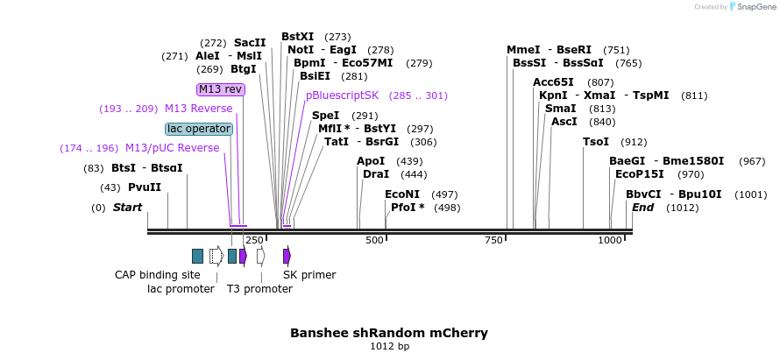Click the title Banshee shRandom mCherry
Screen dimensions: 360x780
389,333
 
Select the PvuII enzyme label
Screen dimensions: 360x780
145,187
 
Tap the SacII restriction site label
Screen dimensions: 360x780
250,42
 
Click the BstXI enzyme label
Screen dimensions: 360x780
297,37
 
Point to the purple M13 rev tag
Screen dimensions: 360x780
220,89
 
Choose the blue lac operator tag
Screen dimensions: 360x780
199,129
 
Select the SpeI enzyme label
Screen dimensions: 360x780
325,116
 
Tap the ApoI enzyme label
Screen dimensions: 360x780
371,161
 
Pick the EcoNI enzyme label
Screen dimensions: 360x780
402,194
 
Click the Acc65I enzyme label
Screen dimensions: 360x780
553,82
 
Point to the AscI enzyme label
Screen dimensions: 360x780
564,122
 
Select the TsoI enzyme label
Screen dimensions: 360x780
596,142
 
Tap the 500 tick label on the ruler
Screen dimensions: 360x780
375,240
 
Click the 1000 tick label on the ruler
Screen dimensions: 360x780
610,240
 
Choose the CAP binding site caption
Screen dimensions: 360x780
158,275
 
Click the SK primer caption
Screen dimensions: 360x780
309,275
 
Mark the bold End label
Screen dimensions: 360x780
642,208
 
